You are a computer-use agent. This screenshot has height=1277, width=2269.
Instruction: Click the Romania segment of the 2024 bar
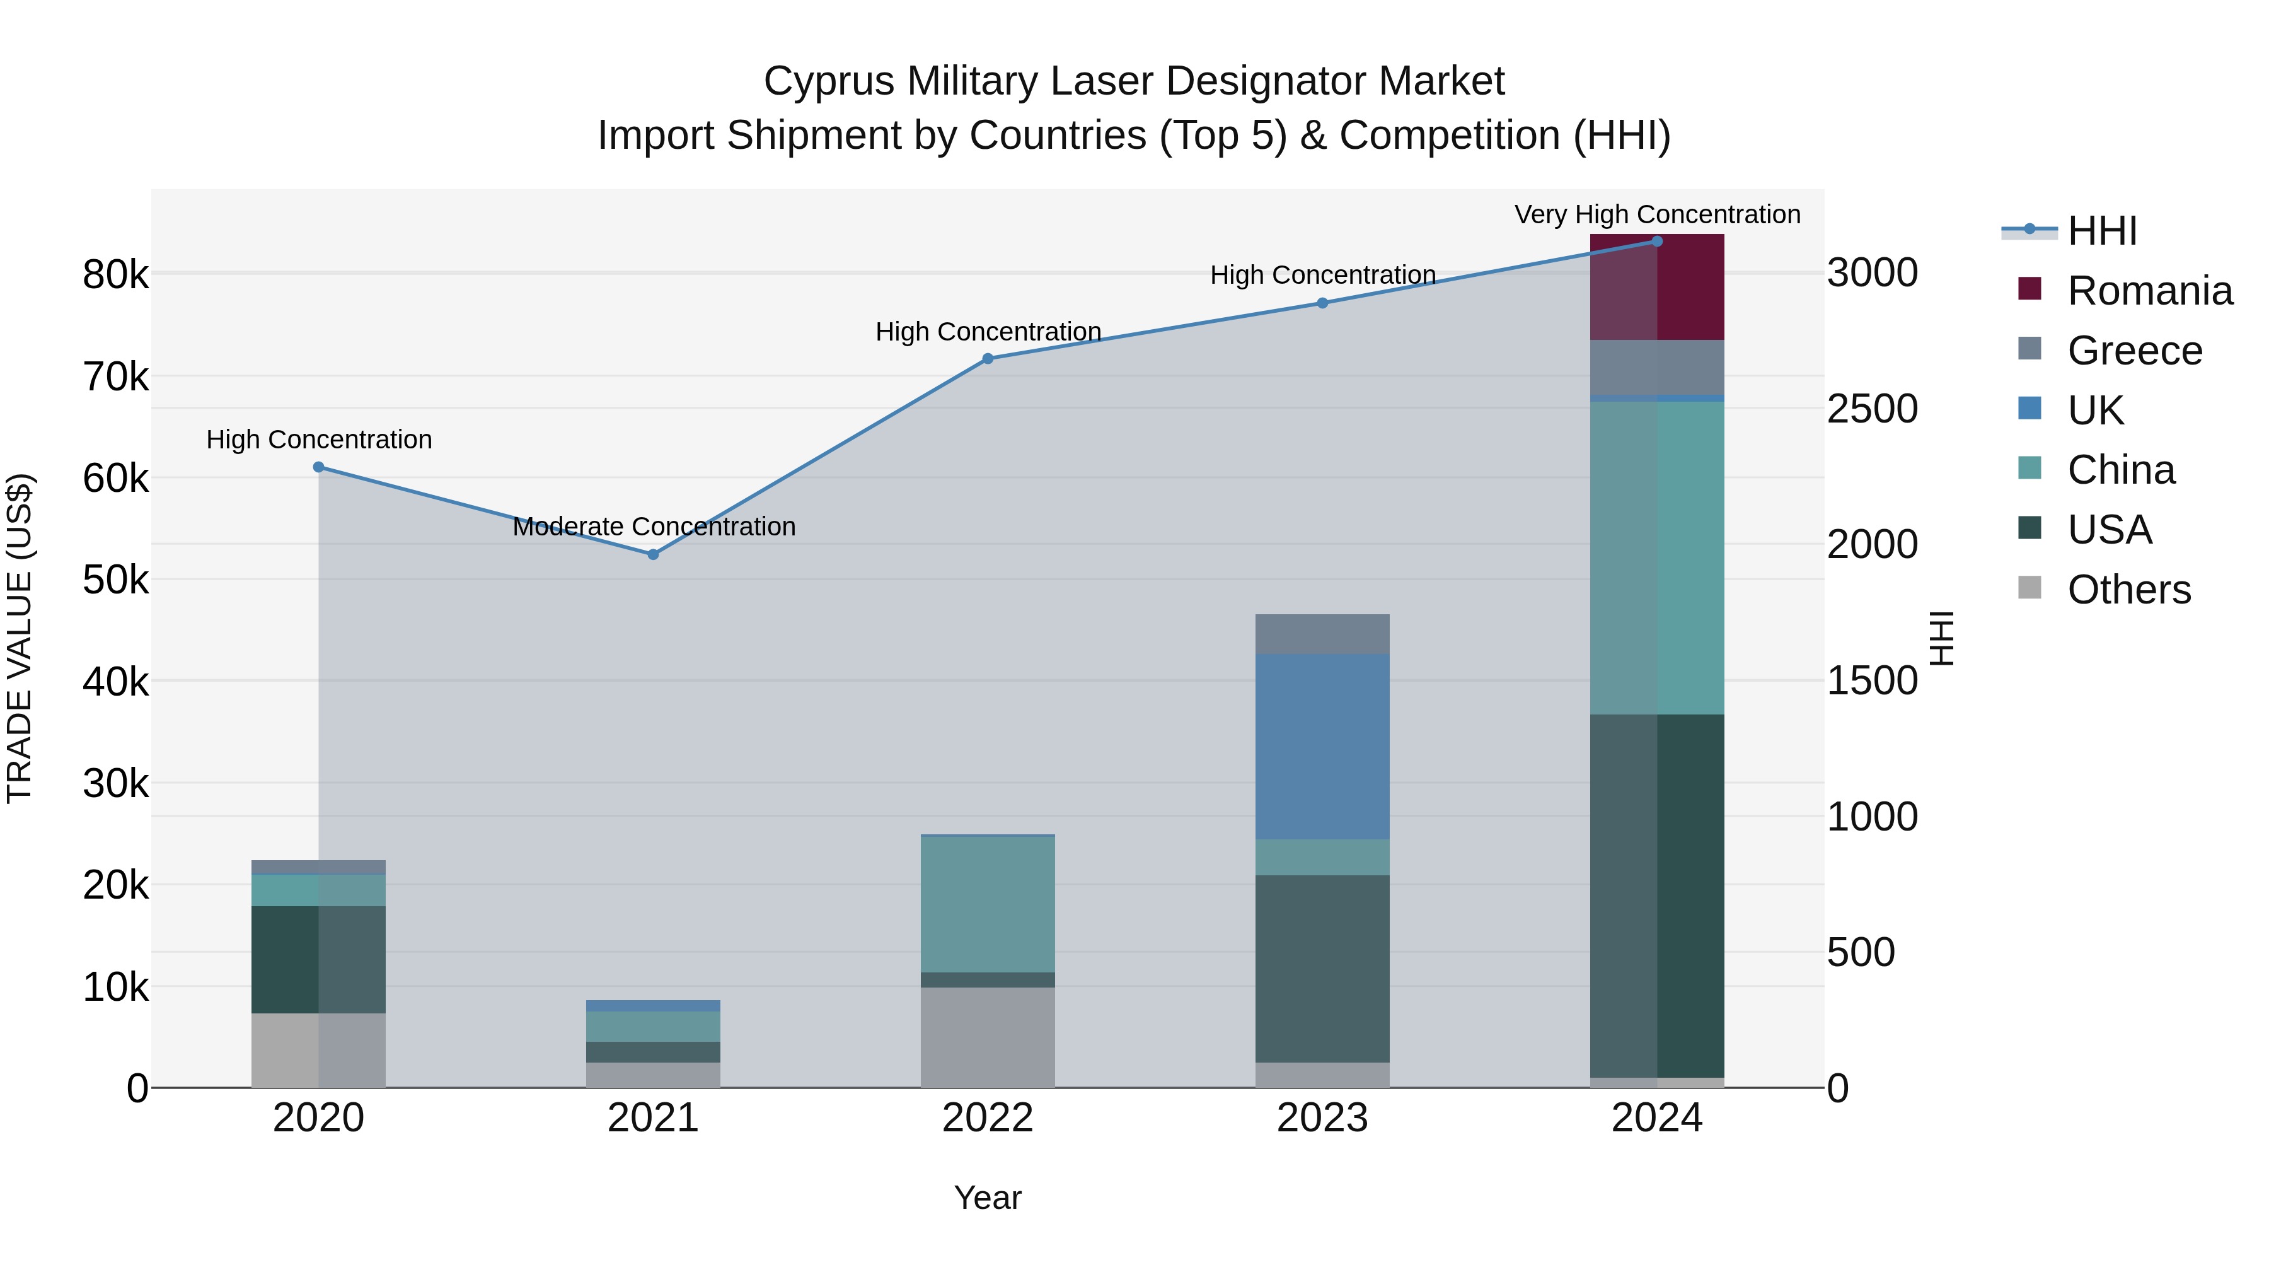click(1657, 288)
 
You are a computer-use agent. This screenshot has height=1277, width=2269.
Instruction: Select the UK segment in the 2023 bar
click(1322, 747)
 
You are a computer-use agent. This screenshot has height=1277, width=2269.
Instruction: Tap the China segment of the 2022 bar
click(988, 904)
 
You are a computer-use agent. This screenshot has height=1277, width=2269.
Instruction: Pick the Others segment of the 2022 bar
click(988, 1037)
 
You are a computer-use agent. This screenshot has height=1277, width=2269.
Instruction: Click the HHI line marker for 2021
click(653, 554)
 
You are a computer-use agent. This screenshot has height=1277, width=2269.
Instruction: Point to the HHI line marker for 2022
click(988, 359)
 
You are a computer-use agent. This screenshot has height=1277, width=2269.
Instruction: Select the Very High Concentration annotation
click(1657, 215)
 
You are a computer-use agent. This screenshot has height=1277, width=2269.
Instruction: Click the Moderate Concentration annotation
click(654, 527)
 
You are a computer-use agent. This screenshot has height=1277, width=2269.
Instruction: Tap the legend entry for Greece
click(2133, 351)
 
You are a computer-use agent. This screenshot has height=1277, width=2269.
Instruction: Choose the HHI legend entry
click(2101, 231)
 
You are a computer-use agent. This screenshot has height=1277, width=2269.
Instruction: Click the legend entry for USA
click(2109, 530)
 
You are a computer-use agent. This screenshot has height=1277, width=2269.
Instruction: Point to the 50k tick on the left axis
click(115, 581)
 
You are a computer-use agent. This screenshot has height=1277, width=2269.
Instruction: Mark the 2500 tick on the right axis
click(1872, 409)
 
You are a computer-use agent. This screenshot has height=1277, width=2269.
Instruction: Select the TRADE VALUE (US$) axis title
click(20, 638)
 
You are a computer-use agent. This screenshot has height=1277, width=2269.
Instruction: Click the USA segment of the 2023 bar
click(1322, 969)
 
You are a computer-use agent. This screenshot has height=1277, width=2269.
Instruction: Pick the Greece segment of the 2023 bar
click(1322, 634)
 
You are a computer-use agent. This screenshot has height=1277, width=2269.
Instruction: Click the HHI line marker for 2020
click(319, 467)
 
